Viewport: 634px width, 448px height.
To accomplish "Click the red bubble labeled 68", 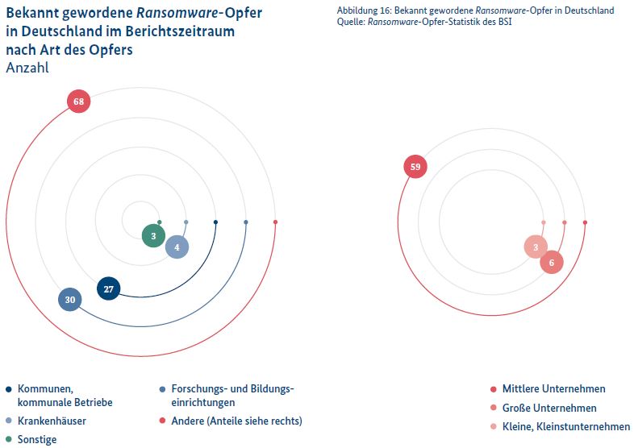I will tap(78, 102).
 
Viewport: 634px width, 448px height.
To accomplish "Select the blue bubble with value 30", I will tap(70, 300).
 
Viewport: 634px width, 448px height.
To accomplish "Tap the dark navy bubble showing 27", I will tap(108, 288).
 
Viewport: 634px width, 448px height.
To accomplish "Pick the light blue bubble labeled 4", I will tap(177, 247).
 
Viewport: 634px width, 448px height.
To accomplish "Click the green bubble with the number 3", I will tap(153, 236).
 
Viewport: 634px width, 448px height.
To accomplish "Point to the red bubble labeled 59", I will tap(415, 168).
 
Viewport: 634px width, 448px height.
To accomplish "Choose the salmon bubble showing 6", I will tap(551, 263).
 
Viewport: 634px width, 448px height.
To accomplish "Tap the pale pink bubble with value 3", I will tap(535, 247).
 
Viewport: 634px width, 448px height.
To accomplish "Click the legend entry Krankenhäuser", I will tap(52, 421).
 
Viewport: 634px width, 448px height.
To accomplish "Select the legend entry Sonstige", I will tap(37, 439).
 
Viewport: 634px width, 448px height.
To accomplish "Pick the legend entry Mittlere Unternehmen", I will tap(553, 389).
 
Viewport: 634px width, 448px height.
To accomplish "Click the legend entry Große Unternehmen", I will tap(548, 408).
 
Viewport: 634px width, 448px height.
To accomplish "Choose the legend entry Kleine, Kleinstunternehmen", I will tap(565, 426).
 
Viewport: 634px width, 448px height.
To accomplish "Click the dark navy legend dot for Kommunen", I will tap(8, 389).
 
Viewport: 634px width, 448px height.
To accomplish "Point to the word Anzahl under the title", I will tap(27, 68).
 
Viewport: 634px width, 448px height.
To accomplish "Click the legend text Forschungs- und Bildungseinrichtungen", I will tap(232, 395).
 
